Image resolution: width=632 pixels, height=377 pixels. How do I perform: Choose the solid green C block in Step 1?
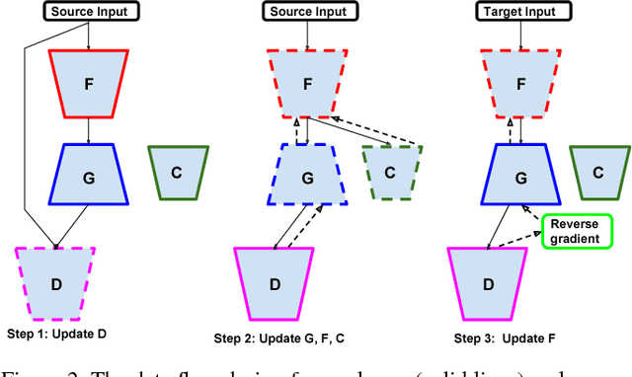[177, 171]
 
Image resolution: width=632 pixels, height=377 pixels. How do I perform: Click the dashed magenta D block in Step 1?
[55, 283]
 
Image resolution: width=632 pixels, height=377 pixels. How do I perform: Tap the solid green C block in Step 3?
[598, 171]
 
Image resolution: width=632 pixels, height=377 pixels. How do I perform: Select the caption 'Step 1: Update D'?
[55, 334]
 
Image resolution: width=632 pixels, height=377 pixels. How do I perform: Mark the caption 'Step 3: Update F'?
[505, 339]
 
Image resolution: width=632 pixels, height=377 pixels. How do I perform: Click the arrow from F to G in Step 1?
[90, 127]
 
